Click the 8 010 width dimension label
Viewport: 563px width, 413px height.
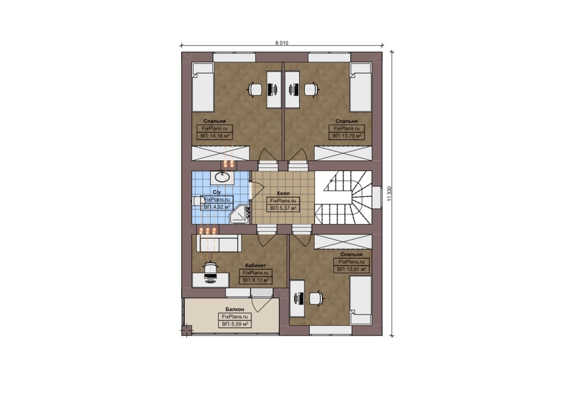[282, 43]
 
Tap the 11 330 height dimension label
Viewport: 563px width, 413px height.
[389, 193]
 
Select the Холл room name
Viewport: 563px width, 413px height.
[283, 193]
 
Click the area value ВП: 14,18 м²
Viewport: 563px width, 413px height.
[215, 136]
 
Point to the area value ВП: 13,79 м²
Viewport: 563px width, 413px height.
[347, 136]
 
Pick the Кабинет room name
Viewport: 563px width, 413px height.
[256, 266]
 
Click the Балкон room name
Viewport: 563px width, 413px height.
[235, 309]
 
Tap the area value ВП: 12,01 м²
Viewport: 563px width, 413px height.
[351, 269]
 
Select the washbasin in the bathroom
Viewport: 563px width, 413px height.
[222, 177]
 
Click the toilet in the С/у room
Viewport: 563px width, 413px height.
[198, 201]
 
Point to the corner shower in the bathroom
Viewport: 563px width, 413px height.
[240, 214]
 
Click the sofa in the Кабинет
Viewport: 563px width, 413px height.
[219, 243]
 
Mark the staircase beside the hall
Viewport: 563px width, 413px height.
[344, 197]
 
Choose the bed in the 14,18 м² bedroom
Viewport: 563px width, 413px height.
[203, 87]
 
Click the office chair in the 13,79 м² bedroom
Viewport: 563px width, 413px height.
[312, 89]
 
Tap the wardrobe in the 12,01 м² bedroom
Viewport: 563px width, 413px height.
[343, 242]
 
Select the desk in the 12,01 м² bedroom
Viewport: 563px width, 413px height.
[297, 299]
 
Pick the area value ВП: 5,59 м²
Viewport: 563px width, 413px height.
[235, 324]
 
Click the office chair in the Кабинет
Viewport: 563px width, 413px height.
[210, 267]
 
